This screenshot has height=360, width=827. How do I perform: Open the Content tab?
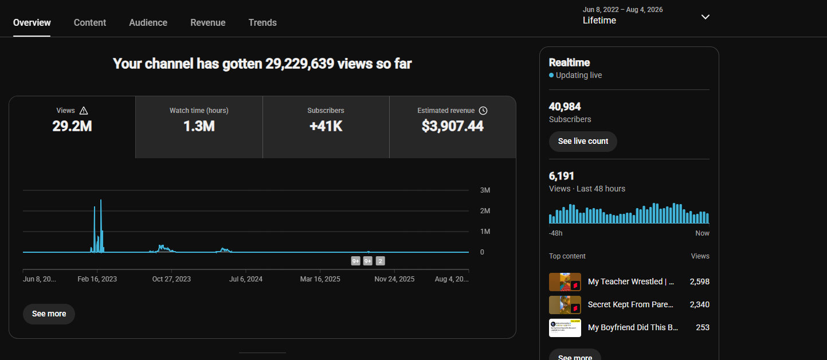[x=90, y=22]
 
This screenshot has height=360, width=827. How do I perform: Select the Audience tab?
[x=148, y=22]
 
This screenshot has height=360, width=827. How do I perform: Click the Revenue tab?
[x=208, y=22]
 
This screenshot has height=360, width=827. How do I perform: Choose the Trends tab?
[x=262, y=22]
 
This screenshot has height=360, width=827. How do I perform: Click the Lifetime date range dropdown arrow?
[x=705, y=17]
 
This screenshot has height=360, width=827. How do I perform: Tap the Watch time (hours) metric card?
[x=199, y=127]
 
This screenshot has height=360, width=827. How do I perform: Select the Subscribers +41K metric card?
[x=326, y=127]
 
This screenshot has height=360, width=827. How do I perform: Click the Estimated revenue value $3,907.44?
[x=452, y=126]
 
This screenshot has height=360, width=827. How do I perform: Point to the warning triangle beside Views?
[x=84, y=111]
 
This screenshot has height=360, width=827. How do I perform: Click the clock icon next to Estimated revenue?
[x=483, y=111]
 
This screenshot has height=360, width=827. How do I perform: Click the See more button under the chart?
[x=49, y=314]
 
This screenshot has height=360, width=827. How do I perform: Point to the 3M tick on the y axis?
[x=485, y=190]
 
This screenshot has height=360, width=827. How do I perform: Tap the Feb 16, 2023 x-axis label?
[x=97, y=279]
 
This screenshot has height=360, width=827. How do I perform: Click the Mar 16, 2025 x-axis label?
[x=320, y=279]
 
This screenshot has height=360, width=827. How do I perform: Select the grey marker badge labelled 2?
[x=381, y=261]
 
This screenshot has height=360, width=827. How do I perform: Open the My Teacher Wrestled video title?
[x=631, y=281]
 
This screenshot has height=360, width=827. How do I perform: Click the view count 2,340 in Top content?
[x=699, y=304]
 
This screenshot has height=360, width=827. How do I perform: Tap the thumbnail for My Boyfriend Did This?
[x=565, y=328]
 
